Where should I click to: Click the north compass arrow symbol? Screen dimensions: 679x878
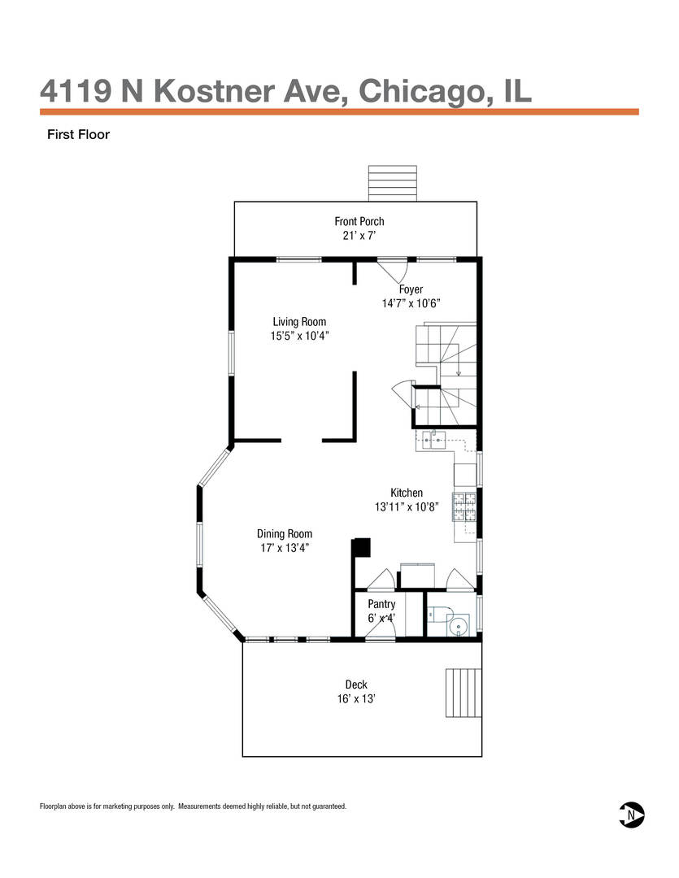click(631, 814)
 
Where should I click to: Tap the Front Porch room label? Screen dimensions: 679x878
click(359, 221)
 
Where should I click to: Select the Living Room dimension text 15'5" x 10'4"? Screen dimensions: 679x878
click(299, 336)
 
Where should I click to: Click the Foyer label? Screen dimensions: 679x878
click(411, 289)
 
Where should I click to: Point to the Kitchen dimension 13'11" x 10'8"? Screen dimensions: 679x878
click(406, 506)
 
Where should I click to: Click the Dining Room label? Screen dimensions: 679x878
click(285, 533)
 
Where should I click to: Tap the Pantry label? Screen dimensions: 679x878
click(381, 604)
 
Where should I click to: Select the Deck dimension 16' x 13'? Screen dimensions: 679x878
click(355, 699)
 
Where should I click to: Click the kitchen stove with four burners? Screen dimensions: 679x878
click(464, 506)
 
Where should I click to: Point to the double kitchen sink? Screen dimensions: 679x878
click(431, 441)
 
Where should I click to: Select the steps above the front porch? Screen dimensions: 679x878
click(392, 183)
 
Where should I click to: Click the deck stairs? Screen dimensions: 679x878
click(464, 693)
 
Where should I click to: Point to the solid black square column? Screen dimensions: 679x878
click(362, 547)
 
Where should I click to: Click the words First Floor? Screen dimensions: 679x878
click(78, 134)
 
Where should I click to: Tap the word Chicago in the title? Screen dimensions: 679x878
click(419, 92)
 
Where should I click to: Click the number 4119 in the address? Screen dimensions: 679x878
click(76, 91)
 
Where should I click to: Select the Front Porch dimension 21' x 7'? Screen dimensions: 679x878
click(359, 235)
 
